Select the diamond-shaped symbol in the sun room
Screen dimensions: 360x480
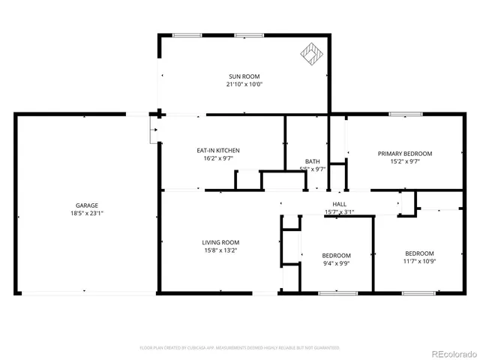(x=310, y=53)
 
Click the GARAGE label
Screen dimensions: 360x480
(x=86, y=205)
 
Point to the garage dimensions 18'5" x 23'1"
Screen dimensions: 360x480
(x=86, y=213)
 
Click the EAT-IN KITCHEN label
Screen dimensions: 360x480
(x=218, y=151)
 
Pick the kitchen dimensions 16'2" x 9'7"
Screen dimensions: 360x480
(x=218, y=158)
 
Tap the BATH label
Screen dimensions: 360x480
(x=313, y=161)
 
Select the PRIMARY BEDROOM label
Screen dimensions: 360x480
(x=404, y=153)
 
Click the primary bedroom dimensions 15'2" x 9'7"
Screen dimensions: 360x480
(x=404, y=160)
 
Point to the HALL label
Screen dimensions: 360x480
(x=339, y=204)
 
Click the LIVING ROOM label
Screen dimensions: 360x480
(x=220, y=242)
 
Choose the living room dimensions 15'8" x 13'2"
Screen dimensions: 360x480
(x=220, y=250)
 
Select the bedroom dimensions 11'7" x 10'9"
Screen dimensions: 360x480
(x=419, y=261)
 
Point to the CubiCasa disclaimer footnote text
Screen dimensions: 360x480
(x=239, y=348)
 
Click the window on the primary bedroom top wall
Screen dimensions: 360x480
(x=405, y=114)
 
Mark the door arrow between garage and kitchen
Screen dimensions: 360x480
(x=153, y=130)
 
